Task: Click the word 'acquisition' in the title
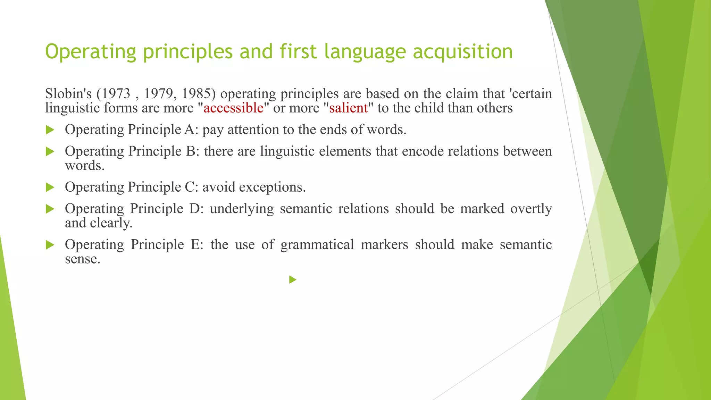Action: pyautogui.click(x=462, y=52)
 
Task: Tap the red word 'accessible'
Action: pyautogui.click(x=233, y=108)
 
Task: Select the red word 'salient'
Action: pyautogui.click(x=348, y=108)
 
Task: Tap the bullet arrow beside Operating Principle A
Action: pyautogui.click(x=50, y=130)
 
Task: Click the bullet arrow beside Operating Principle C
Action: pyautogui.click(x=50, y=188)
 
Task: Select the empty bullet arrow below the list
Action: pyautogui.click(x=293, y=280)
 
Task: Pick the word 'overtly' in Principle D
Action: pyautogui.click(x=531, y=209)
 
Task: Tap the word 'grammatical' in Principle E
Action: pyautogui.click(x=317, y=245)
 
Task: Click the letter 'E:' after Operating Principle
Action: pyautogui.click(x=196, y=245)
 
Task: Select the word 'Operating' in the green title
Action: pyautogui.click(x=90, y=52)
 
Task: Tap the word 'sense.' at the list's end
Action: pyautogui.click(x=83, y=259)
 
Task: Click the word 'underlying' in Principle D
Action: pyautogui.click(x=242, y=209)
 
